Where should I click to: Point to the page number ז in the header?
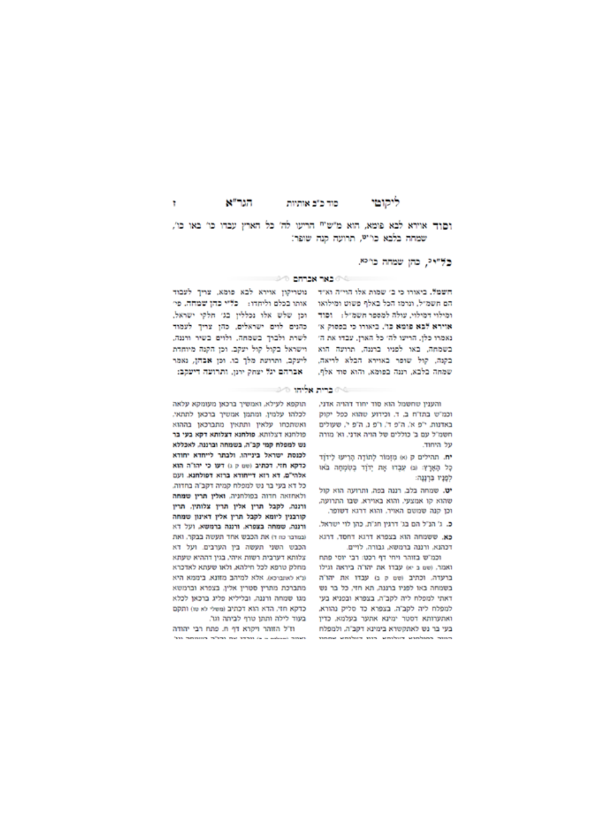point(174,202)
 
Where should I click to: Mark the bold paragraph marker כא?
point(437,536)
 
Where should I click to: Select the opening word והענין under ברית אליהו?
point(428,404)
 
